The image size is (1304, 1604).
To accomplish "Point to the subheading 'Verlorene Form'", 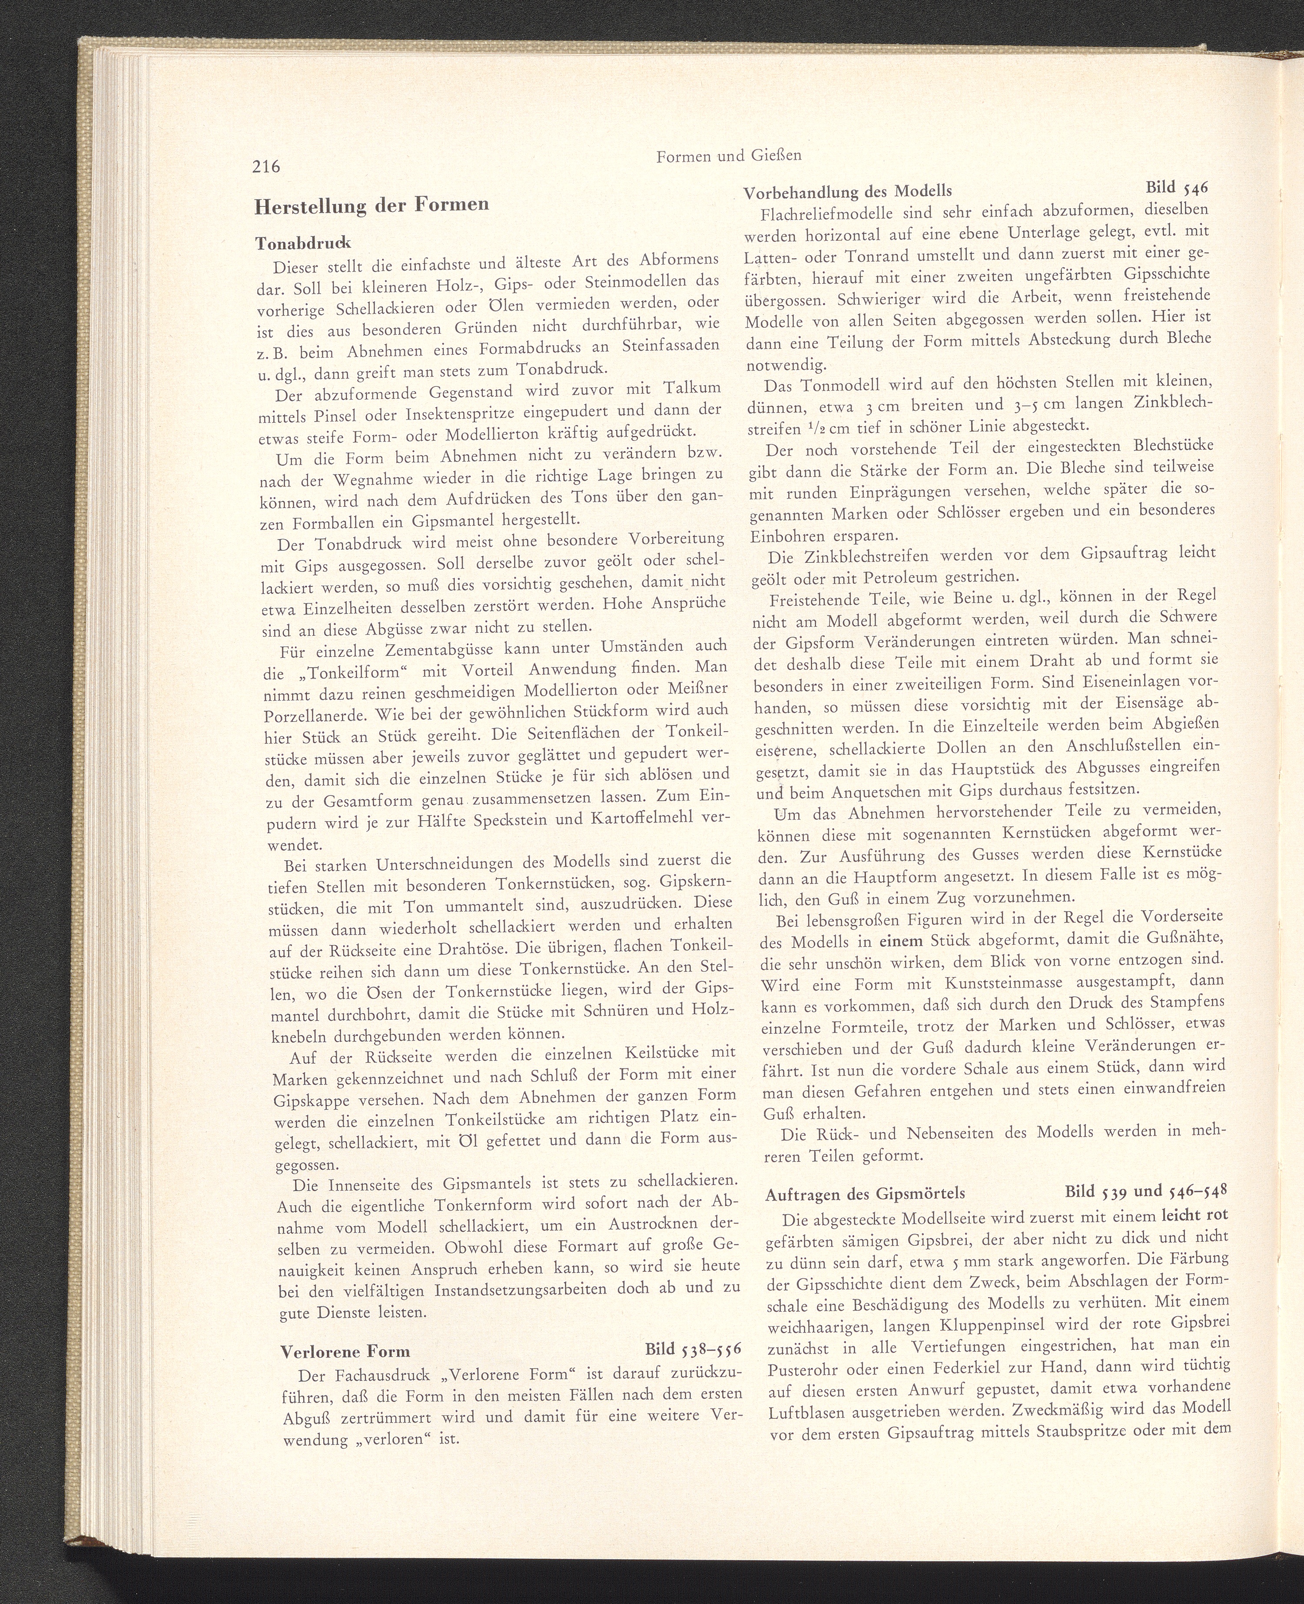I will click(345, 1351).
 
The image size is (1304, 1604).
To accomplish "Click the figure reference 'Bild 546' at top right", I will click(1178, 186).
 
